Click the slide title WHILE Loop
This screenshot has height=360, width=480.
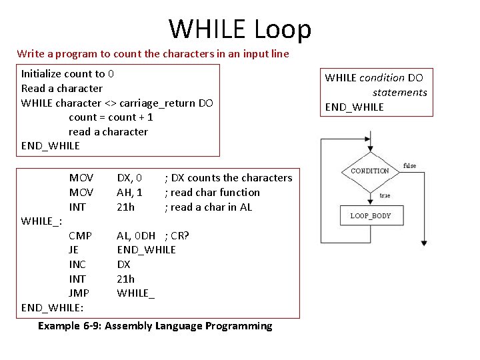coord(240,29)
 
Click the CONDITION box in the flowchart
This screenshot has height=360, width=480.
coord(370,171)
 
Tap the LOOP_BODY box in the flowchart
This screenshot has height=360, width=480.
coord(371,215)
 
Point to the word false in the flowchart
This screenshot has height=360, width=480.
coord(409,165)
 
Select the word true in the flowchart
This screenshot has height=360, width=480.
coord(385,195)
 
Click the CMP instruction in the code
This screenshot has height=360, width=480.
coord(81,235)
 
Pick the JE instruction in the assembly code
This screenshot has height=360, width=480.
coord(73,249)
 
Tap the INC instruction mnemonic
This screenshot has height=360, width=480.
coord(77,264)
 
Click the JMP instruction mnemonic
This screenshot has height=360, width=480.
coord(79,293)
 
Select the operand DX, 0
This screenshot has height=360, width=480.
coord(129,177)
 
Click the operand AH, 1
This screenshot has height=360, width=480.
coord(129,192)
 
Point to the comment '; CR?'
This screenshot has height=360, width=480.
coord(177,235)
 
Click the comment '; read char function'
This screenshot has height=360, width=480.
coord(212,192)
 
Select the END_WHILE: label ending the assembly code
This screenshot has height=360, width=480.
coord(53,307)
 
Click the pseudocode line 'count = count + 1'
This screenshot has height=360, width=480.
coord(111,117)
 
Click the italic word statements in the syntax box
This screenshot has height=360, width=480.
coord(399,92)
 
